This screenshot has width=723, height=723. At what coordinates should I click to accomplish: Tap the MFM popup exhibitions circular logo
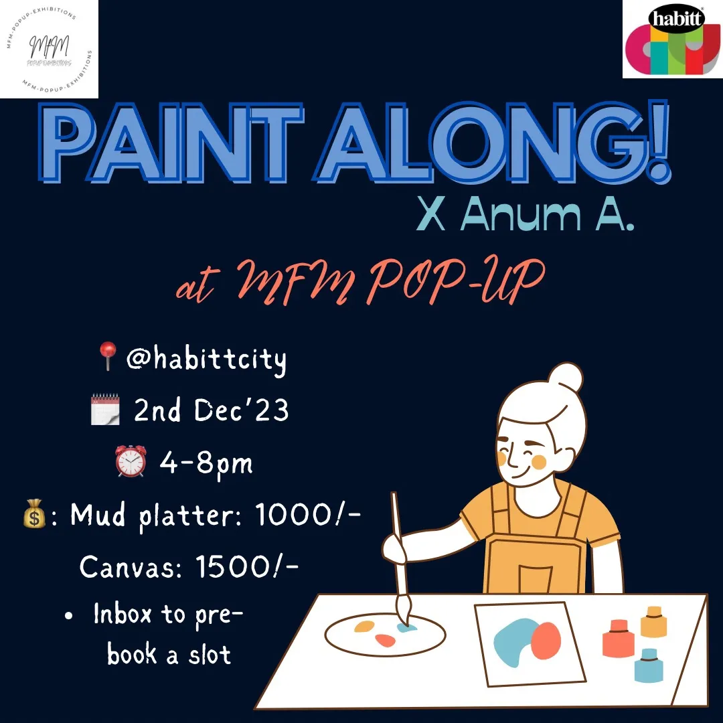[x=49, y=48]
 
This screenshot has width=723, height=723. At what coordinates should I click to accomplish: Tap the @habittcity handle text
[x=206, y=360]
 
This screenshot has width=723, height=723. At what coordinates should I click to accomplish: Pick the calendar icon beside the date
[x=105, y=408]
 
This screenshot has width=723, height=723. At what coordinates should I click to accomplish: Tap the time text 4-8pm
[x=206, y=462]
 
